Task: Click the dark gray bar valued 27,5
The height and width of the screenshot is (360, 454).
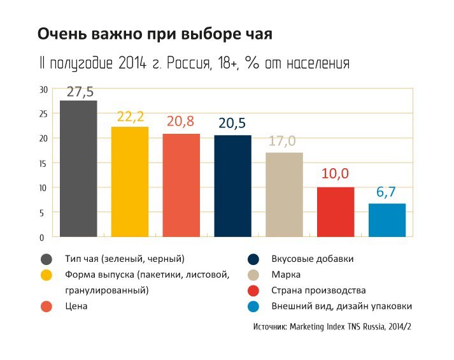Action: point(78,169)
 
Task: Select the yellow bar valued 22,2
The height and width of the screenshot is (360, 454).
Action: point(130,182)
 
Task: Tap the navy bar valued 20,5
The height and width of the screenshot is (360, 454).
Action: point(232,186)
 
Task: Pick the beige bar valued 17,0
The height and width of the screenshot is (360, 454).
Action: point(284,195)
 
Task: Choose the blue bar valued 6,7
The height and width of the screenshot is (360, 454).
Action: point(387,220)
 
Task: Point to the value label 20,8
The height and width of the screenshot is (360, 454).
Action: point(181,122)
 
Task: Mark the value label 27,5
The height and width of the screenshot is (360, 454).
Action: point(80,91)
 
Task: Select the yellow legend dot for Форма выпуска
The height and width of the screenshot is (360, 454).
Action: point(46,275)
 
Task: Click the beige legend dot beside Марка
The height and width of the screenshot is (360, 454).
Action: point(253,275)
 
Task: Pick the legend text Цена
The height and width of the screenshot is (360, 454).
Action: point(76,306)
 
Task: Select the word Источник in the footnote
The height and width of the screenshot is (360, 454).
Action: point(269,327)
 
